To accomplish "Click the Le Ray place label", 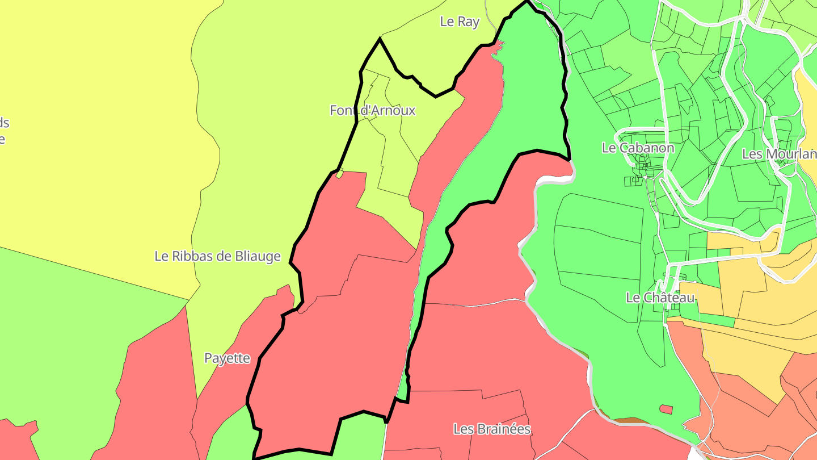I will click(460, 22).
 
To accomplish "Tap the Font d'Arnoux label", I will click(372, 110).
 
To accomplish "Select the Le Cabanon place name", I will click(638, 148).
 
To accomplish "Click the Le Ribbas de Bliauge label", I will click(217, 256).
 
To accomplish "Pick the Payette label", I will click(227, 358).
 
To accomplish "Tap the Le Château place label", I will click(660, 298).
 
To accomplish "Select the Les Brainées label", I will click(492, 429).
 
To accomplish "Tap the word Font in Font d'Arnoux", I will click(343, 110).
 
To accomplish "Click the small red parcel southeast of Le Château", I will click(666, 409).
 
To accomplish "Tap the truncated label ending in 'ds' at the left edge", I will click(4, 123).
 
